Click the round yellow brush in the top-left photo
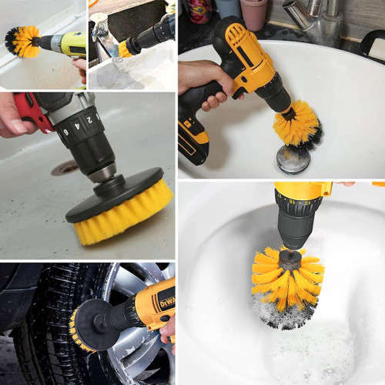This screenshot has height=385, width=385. [23, 42]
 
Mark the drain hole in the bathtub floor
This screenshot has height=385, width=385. [65, 167]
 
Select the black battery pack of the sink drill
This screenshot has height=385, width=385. [192, 139]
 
